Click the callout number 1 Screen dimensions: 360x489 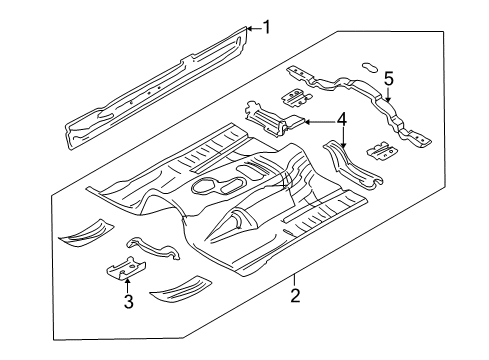coord(267,27)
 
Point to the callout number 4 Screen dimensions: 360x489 coord(343,121)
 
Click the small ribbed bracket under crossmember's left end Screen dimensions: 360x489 coord(293,97)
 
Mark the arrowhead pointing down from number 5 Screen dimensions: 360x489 coord(389,99)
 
